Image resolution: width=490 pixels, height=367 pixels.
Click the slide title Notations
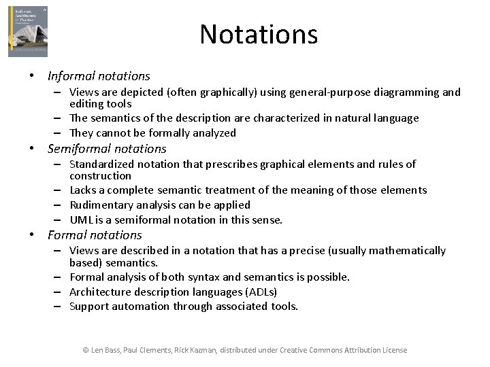pos(259,34)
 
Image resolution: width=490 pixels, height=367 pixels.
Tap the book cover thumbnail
pos(28,31)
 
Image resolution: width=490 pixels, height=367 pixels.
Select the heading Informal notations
pos(99,76)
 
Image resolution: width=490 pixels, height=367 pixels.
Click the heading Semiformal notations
pos(107,149)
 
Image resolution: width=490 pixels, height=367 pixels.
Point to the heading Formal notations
pos(95,235)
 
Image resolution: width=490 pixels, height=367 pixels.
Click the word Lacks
pos(84,190)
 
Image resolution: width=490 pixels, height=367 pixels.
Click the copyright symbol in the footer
pos(86,350)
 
